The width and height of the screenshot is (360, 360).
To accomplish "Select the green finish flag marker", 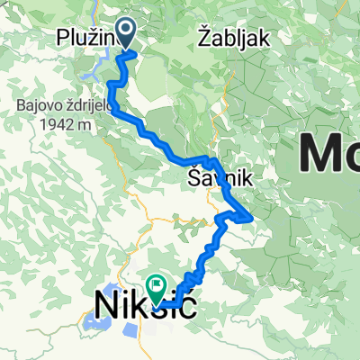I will pos(158,289).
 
